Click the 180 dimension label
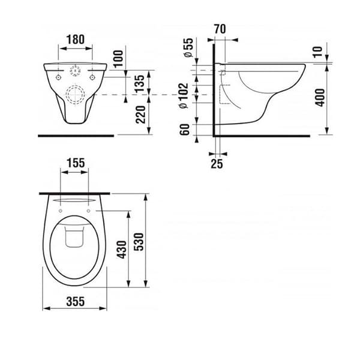click(x=76, y=39)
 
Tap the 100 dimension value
click(x=118, y=59)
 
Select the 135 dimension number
click(x=139, y=83)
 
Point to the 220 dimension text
click(x=140, y=115)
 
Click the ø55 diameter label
click(x=188, y=47)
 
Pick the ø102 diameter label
click(x=184, y=95)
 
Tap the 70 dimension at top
click(x=220, y=29)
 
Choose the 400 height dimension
click(x=320, y=98)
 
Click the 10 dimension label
click(x=318, y=52)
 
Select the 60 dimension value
click(x=184, y=129)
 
